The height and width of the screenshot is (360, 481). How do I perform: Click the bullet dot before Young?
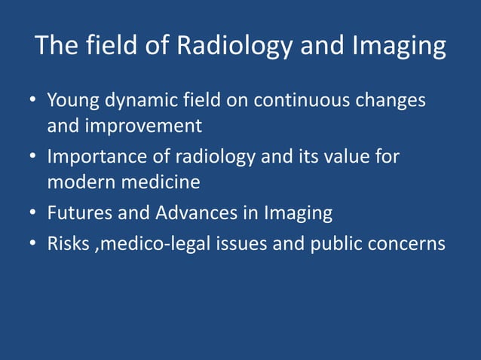coord(35,100)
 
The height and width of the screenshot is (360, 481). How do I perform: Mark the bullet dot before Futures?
coord(35,214)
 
